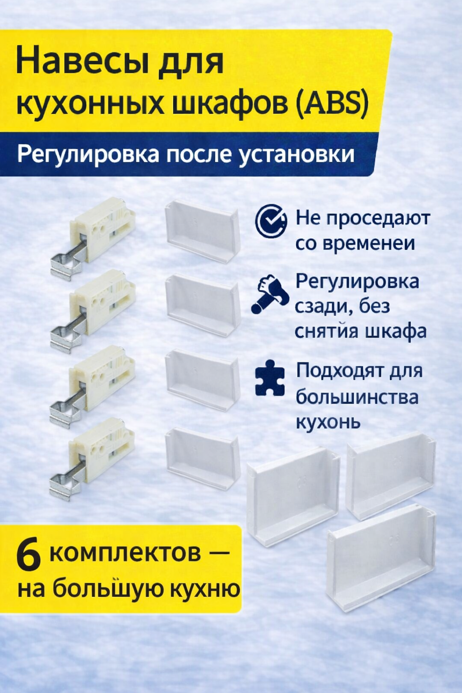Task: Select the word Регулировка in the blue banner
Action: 88,155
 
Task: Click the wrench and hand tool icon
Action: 270,294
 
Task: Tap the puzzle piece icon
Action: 270,378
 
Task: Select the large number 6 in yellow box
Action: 28,556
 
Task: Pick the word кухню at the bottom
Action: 206,589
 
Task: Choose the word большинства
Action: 357,397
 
